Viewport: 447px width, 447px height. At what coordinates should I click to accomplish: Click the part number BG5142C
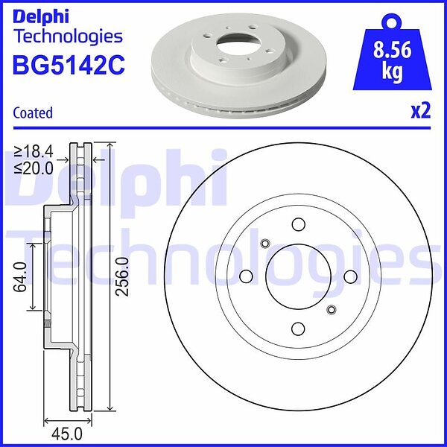[69, 65]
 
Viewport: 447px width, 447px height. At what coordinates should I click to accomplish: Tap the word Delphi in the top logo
[41, 17]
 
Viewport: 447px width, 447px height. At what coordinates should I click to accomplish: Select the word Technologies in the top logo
[69, 37]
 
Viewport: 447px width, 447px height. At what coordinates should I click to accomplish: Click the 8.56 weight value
[393, 50]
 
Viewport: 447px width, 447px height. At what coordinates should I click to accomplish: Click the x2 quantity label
[421, 111]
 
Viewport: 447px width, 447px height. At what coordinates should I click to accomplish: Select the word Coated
[33, 112]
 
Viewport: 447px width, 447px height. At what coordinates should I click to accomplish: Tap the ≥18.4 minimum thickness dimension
[34, 152]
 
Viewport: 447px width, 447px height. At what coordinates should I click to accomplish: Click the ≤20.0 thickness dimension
[34, 168]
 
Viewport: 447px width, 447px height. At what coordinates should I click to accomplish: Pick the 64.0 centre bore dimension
[20, 277]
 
